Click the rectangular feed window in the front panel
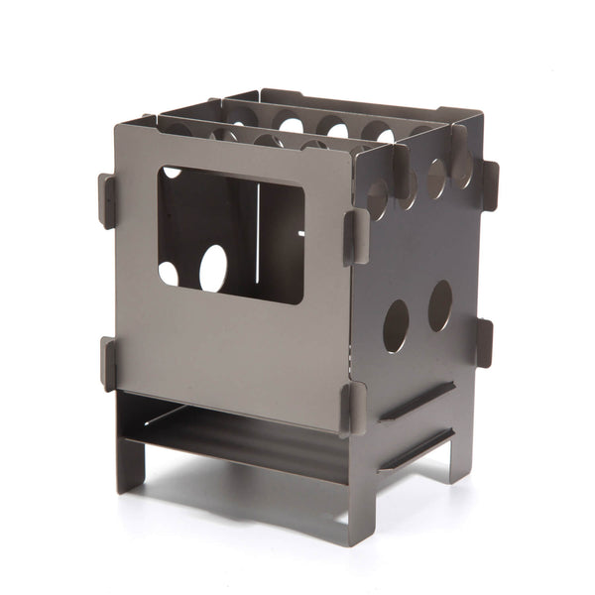(x=230, y=234)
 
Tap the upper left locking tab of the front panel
(x=107, y=200)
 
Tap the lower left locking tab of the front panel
(x=107, y=363)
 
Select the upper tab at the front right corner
(x=355, y=237)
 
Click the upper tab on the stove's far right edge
(x=489, y=184)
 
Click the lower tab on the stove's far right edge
(x=484, y=342)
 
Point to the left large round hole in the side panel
(x=396, y=326)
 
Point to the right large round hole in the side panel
(x=440, y=305)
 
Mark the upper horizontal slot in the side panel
(x=416, y=402)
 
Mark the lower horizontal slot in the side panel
(x=416, y=450)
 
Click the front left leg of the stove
(x=129, y=456)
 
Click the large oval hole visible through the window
(x=213, y=268)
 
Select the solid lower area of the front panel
(x=228, y=347)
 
